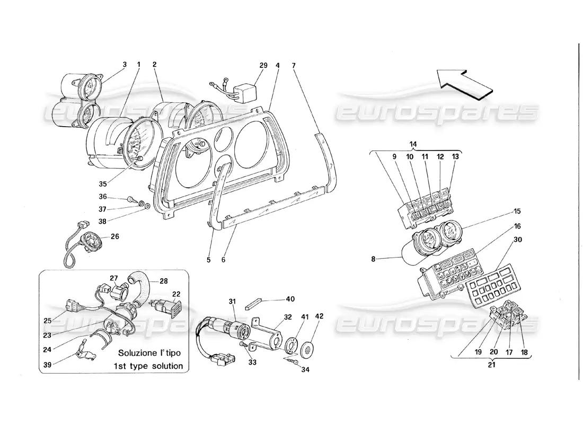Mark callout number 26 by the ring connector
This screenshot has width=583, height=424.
pyautogui.click(x=114, y=236)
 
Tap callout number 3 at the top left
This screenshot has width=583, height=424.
pyautogui.click(x=125, y=65)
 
